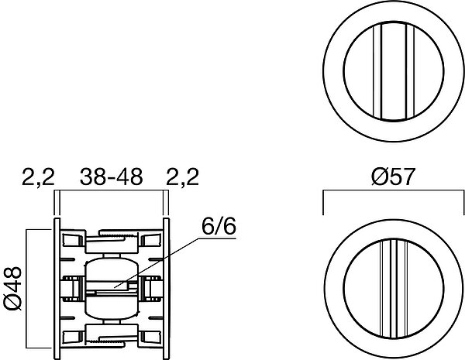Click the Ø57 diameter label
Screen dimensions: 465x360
(x=393, y=177)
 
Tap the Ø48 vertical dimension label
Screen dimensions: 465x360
(x=12, y=288)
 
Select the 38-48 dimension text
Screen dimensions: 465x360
(x=111, y=177)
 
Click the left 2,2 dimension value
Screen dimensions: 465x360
(x=38, y=177)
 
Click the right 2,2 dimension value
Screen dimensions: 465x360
(x=182, y=177)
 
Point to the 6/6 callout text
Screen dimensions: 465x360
(x=219, y=227)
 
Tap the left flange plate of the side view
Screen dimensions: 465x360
(x=57, y=289)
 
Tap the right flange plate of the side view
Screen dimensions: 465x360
(x=167, y=289)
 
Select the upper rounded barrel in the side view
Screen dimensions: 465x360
(x=112, y=269)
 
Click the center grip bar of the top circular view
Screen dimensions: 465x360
(x=394, y=71)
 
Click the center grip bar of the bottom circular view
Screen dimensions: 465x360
(x=394, y=288)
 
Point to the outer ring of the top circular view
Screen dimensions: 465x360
(x=394, y=71)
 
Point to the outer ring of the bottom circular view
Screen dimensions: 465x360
(x=394, y=288)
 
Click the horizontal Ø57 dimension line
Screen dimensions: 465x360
(x=393, y=190)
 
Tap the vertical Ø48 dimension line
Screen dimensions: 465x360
(x=26, y=288)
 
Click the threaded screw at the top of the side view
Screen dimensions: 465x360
(x=119, y=236)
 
